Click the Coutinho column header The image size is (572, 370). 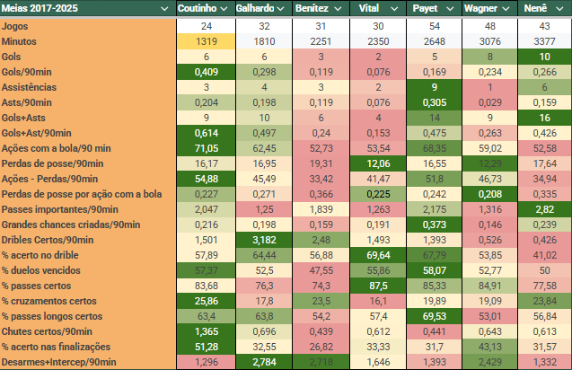[198, 8]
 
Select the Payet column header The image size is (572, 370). [426, 8]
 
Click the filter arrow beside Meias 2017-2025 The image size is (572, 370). [164, 8]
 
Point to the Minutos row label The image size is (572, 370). [22, 41]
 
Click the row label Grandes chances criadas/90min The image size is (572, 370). [71, 225]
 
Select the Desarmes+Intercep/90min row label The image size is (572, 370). [60, 362]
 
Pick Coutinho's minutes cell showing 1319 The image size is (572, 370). [207, 41]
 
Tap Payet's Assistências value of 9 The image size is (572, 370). [433, 87]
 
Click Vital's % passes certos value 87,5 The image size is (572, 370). [376, 286]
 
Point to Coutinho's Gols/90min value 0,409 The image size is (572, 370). [207, 72]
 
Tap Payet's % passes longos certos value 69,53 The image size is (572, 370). [433, 316]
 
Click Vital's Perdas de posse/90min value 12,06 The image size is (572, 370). [376, 163]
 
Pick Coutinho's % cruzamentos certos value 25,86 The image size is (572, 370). [207, 301]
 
